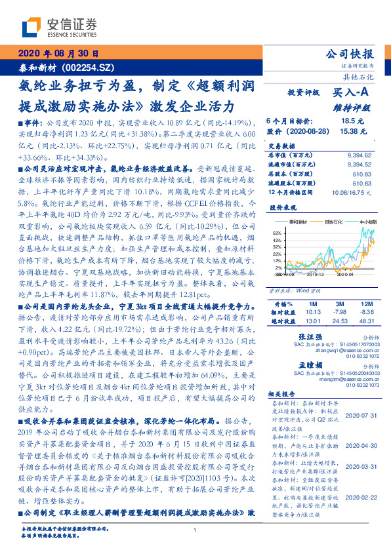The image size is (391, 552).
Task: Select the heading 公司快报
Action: [350, 54]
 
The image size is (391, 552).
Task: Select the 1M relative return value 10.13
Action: [313, 313]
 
